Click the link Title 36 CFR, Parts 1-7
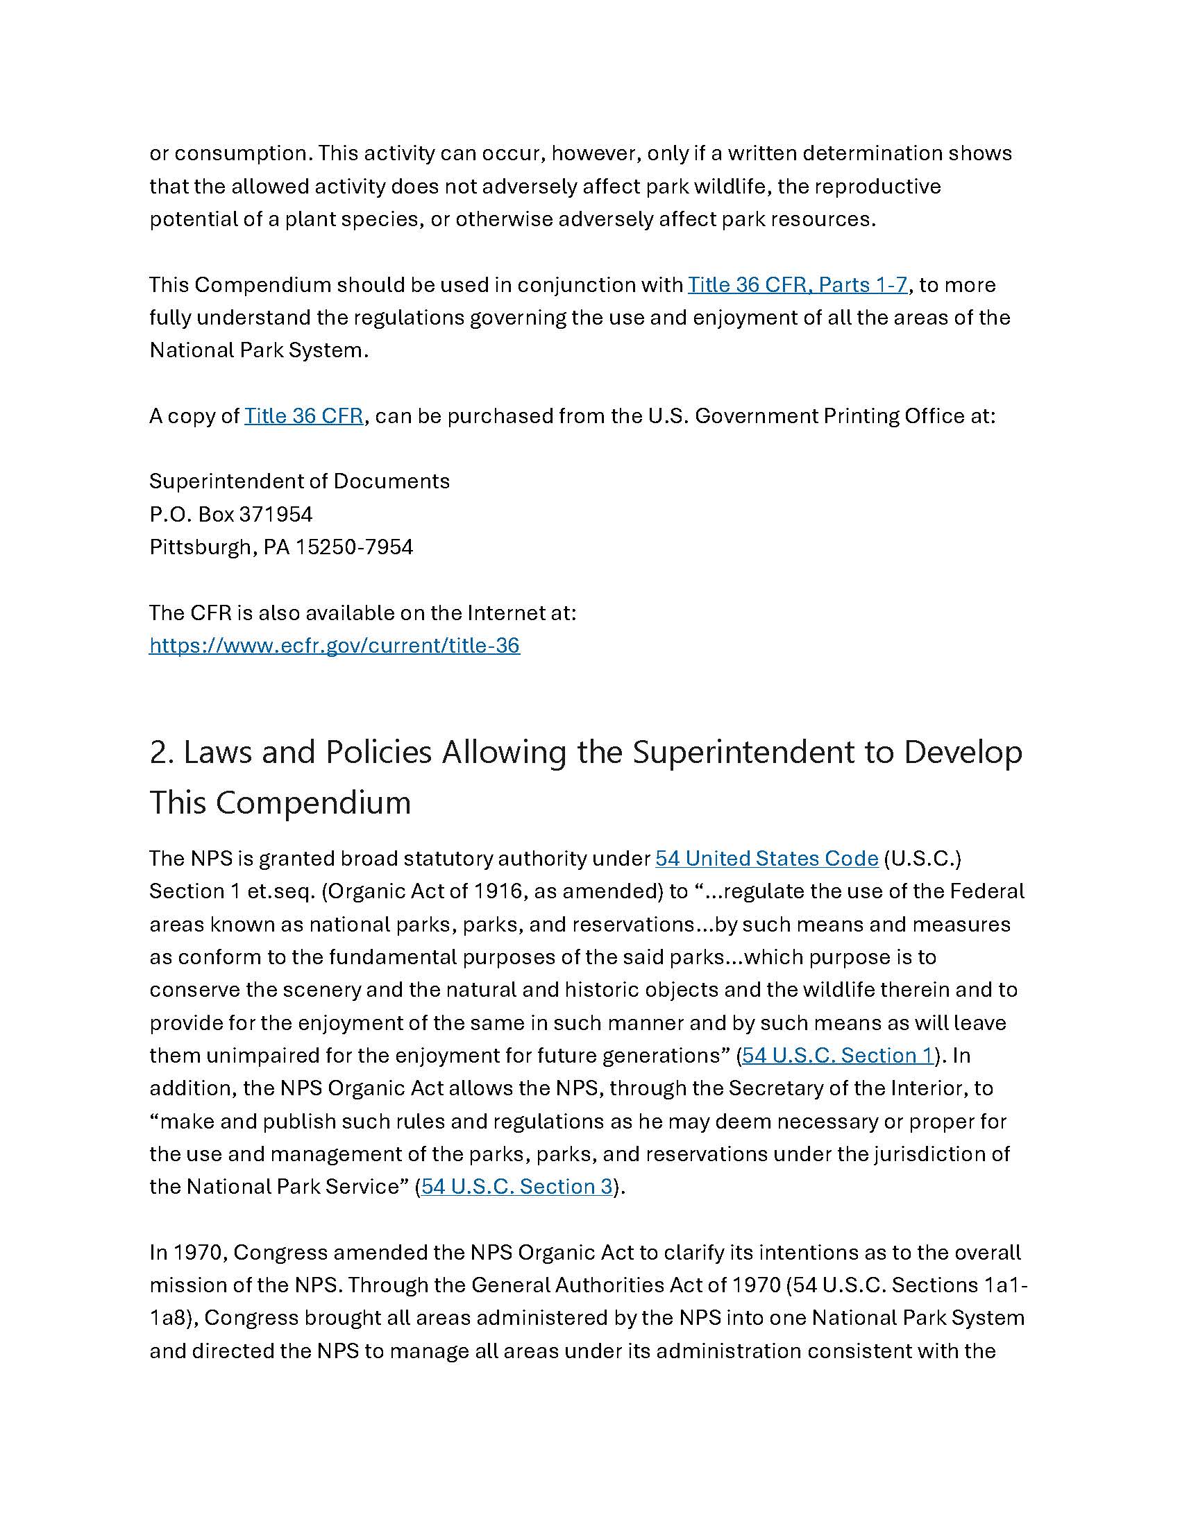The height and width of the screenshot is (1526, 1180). [x=797, y=284]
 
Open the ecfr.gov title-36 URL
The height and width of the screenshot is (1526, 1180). [x=334, y=645]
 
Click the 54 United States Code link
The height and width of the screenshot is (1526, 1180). [x=766, y=858]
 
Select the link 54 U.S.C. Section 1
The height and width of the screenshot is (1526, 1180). [x=838, y=1055]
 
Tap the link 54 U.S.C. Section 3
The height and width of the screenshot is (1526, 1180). [x=516, y=1186]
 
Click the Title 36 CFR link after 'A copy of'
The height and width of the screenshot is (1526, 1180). [x=303, y=415]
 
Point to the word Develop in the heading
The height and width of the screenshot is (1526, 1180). [x=963, y=753]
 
